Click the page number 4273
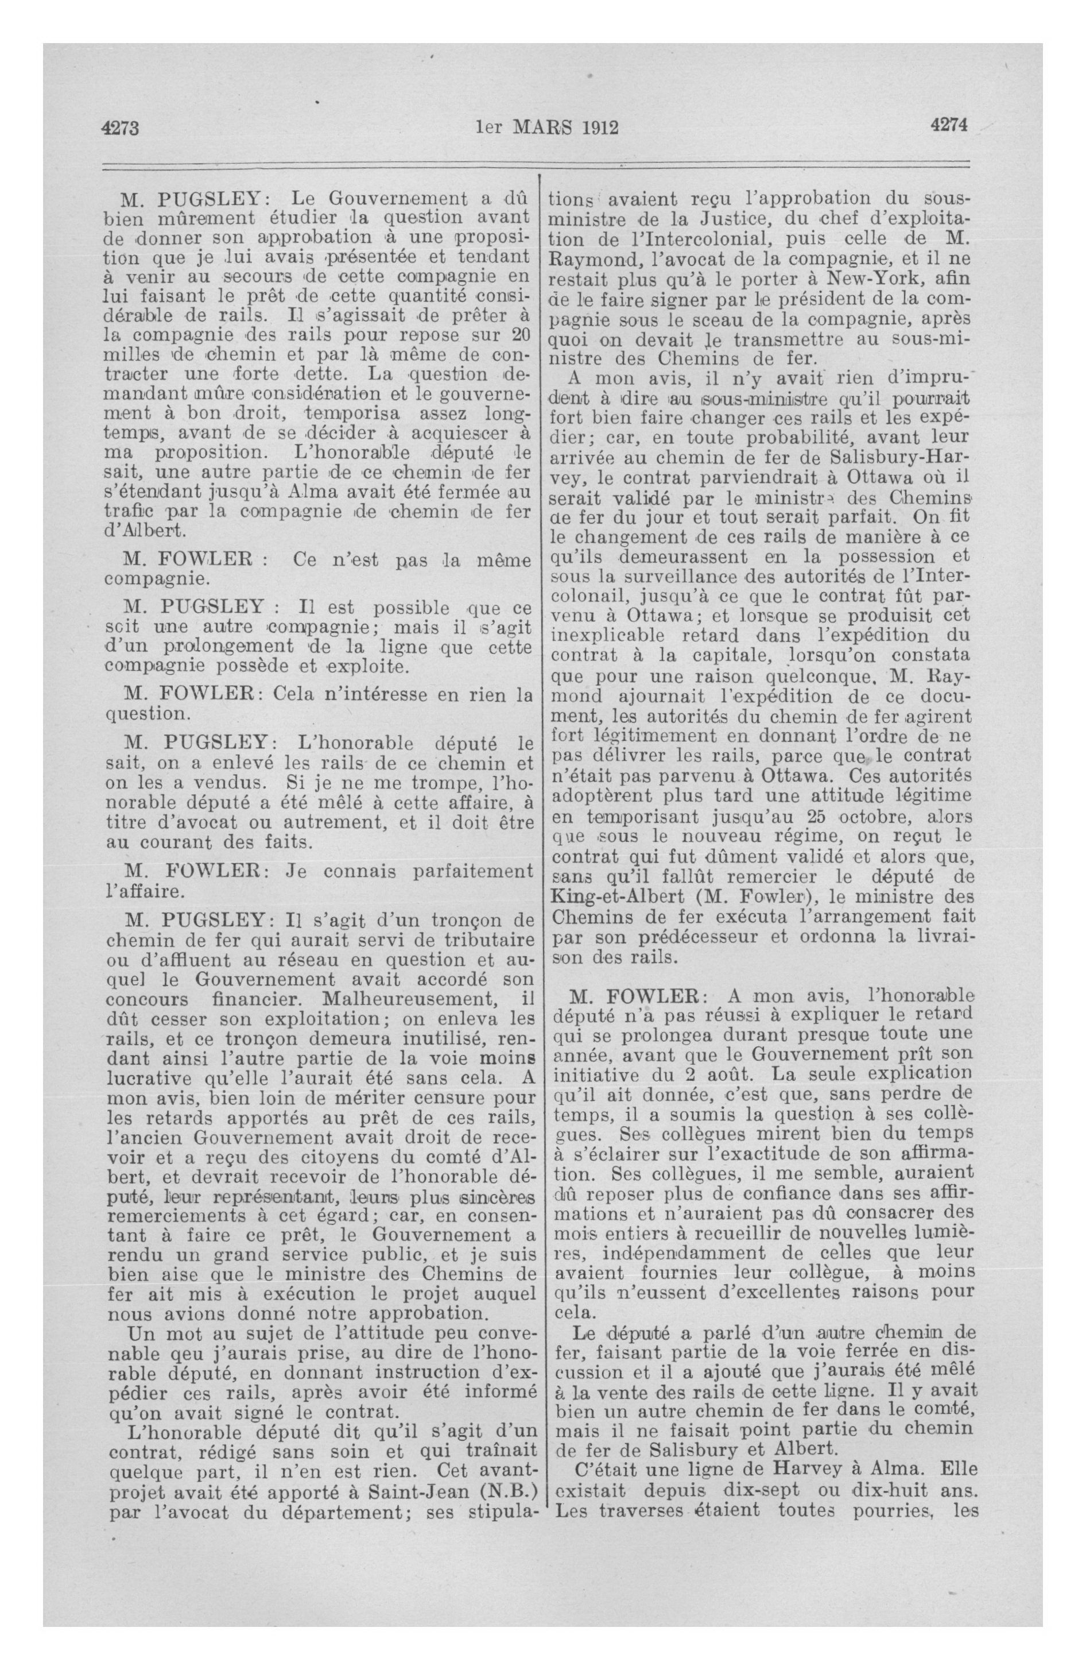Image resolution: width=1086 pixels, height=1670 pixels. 121,129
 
